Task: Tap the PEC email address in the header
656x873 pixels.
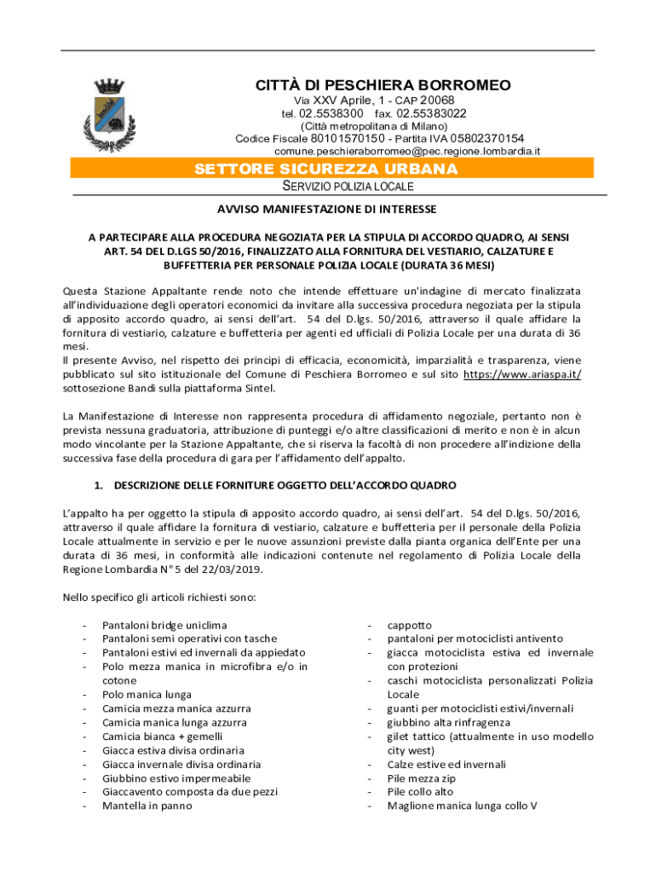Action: coord(407,151)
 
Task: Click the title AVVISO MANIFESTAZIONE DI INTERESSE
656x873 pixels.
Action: coord(327,209)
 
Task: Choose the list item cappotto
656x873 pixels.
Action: coord(410,625)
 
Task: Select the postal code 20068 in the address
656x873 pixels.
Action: coord(437,101)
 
